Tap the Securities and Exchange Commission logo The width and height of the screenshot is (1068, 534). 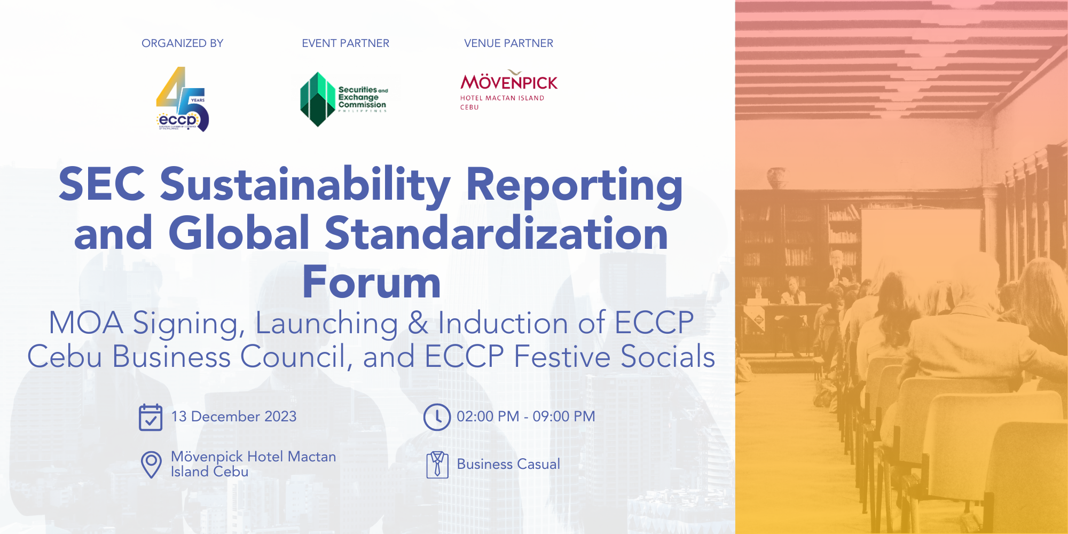(x=343, y=99)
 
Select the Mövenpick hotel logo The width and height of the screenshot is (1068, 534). (x=508, y=90)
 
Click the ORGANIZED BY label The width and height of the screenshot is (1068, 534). (x=182, y=43)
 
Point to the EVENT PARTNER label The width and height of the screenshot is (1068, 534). (x=345, y=43)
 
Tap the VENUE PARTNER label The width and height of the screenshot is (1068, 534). (x=508, y=43)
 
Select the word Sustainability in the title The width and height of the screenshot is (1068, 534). (x=305, y=185)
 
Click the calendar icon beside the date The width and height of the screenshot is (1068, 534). (x=151, y=417)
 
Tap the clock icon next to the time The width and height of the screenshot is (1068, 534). (x=437, y=417)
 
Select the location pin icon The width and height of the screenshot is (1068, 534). (x=151, y=465)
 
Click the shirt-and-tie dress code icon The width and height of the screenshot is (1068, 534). (x=437, y=465)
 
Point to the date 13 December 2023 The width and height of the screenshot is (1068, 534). (x=234, y=417)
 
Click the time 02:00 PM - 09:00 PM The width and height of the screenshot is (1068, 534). (x=525, y=417)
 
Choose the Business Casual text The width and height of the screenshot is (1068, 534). (x=508, y=464)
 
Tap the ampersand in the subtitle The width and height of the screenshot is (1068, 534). (x=418, y=324)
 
